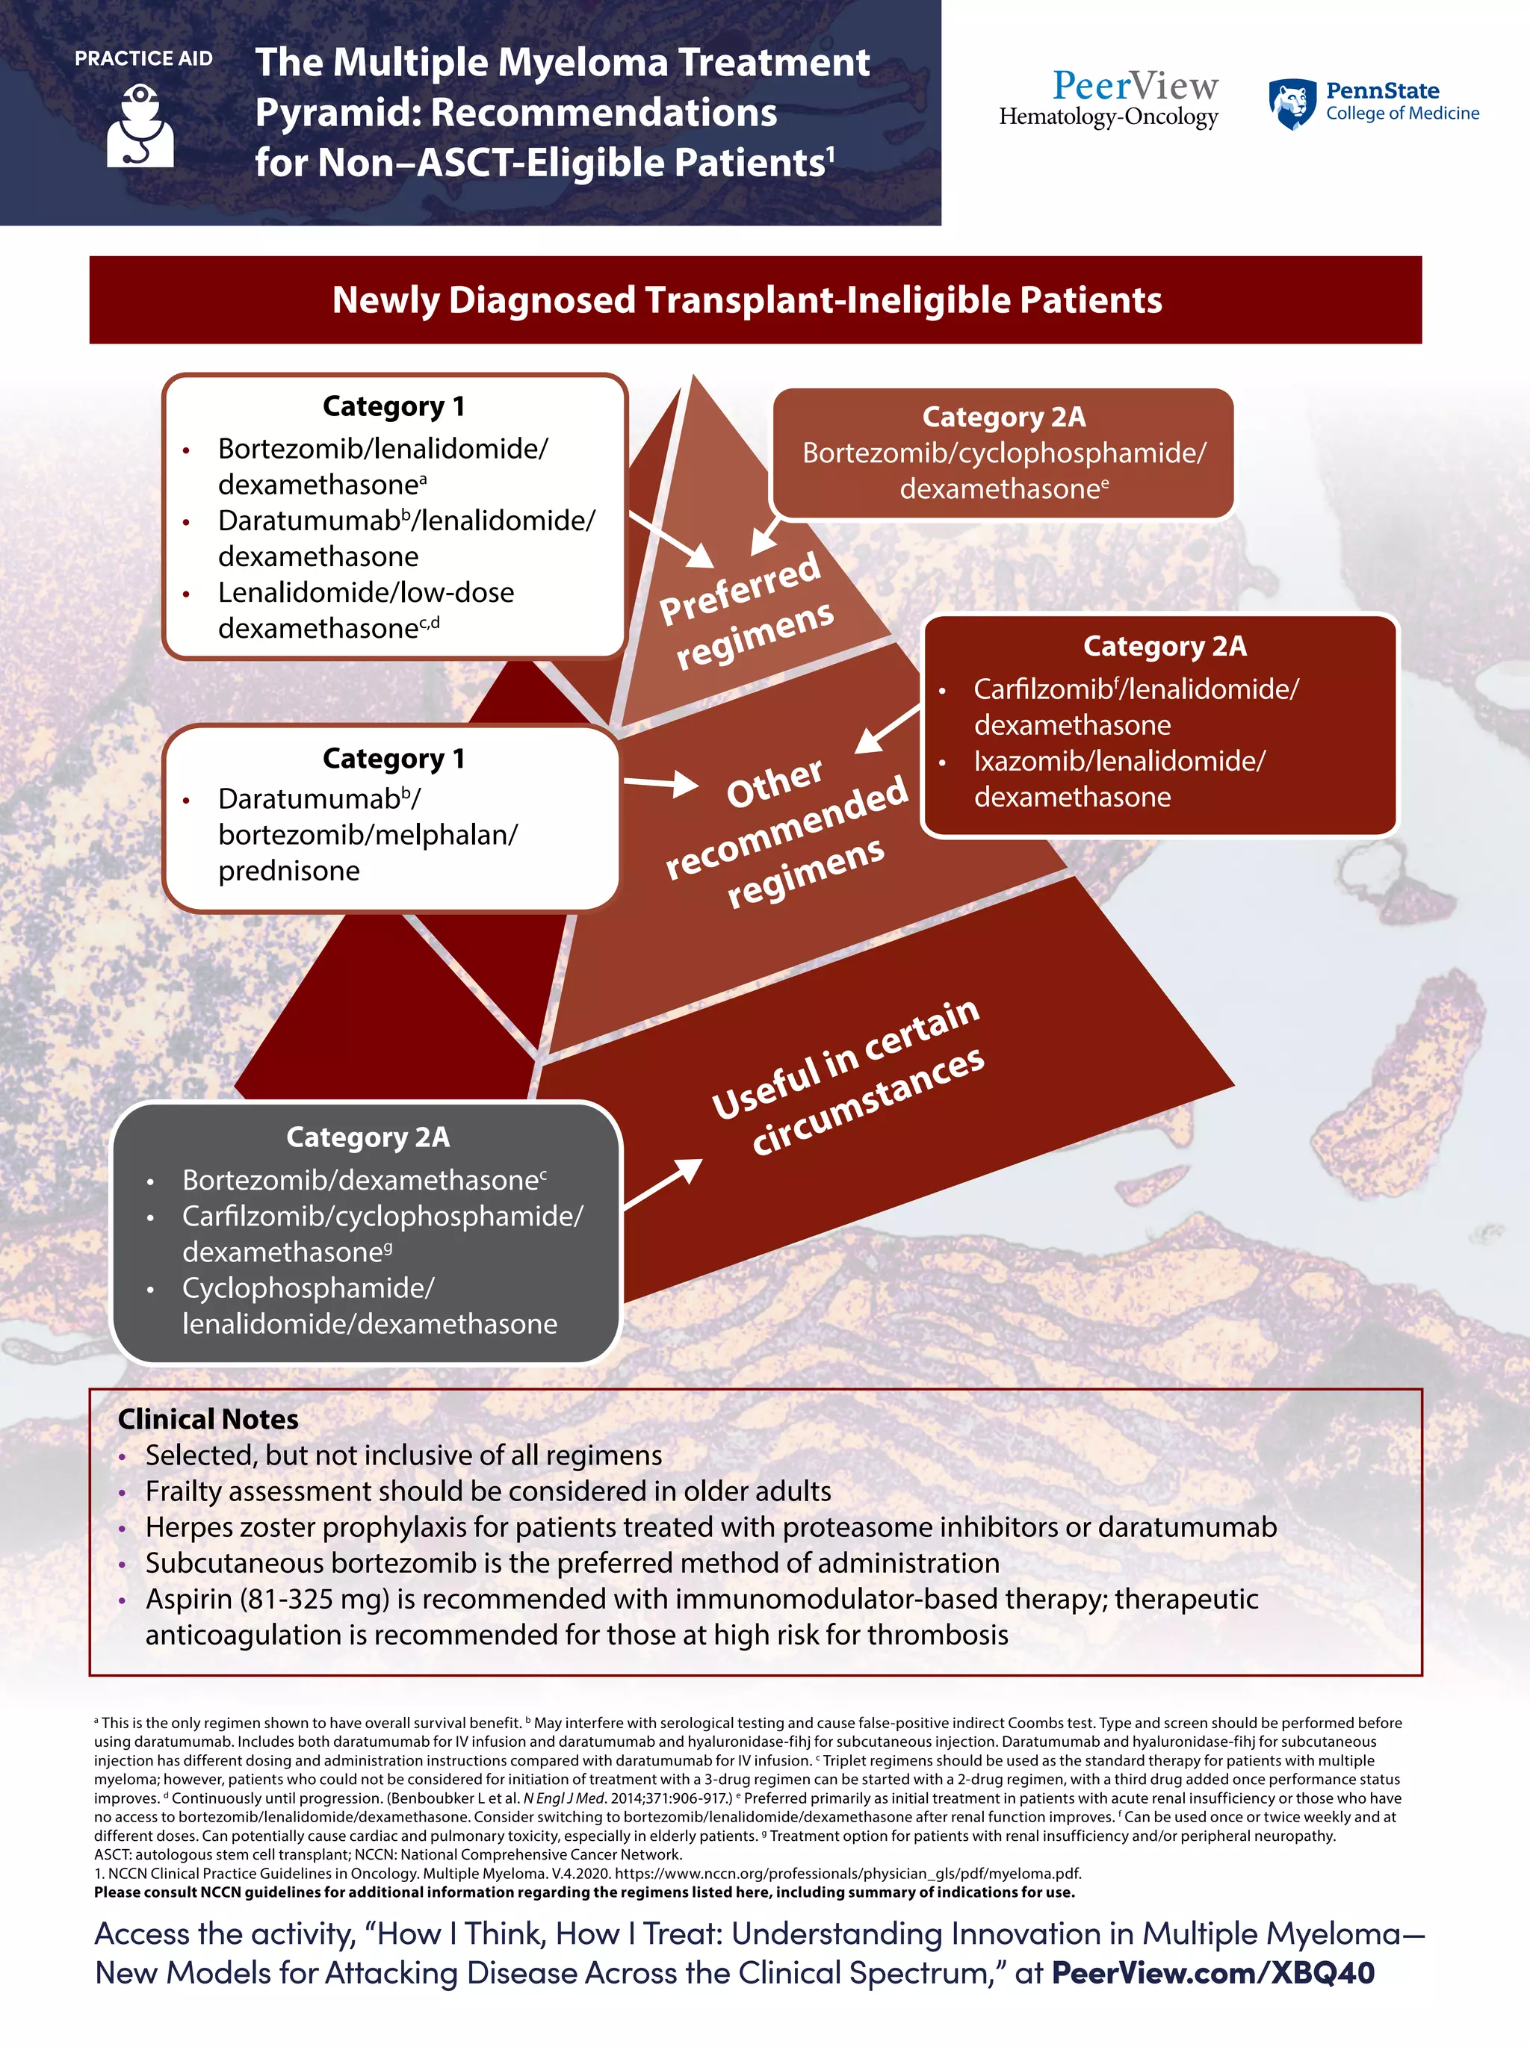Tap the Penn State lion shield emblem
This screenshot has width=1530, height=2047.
[1292, 104]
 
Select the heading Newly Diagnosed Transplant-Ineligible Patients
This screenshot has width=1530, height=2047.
[747, 299]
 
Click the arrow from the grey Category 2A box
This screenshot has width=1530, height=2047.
[663, 1183]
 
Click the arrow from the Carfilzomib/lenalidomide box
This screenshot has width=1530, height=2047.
[886, 729]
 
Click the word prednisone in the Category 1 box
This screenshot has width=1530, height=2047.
[289, 871]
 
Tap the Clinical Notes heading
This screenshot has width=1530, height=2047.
[208, 1419]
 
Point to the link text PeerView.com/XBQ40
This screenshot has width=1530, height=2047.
[1212, 1973]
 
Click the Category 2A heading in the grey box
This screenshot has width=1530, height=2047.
[368, 1137]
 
